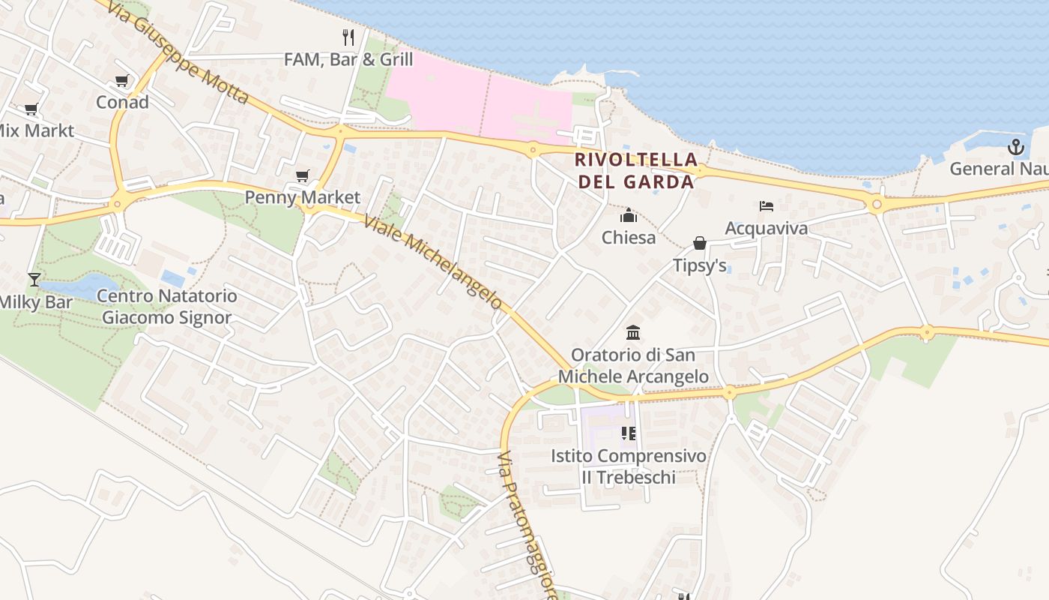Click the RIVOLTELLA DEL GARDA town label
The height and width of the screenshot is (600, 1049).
tap(636, 170)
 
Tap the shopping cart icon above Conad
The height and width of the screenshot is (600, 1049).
tap(121, 81)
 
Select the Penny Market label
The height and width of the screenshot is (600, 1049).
tap(303, 197)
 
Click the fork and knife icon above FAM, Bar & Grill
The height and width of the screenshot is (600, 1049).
tap(348, 37)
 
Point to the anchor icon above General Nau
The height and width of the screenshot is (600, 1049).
tap(1015, 147)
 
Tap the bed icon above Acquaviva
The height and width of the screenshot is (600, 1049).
tap(766, 206)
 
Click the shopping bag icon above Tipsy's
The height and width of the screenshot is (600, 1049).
tap(699, 243)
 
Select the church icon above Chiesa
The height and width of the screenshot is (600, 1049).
tap(629, 216)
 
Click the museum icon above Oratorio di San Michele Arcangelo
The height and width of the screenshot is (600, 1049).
tap(633, 332)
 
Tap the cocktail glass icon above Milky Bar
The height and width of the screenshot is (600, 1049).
tap(34, 280)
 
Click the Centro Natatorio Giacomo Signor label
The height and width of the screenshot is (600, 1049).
tap(167, 307)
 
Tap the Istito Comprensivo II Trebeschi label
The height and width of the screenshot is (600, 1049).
tap(629, 466)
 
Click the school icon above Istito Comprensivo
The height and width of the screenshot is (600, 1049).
tap(629, 433)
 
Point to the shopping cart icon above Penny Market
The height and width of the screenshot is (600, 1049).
tap(302, 176)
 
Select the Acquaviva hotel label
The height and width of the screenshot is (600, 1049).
tap(766, 228)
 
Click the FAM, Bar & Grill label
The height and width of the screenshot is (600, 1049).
tap(348, 59)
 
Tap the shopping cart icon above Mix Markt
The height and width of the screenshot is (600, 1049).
tap(31, 110)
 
